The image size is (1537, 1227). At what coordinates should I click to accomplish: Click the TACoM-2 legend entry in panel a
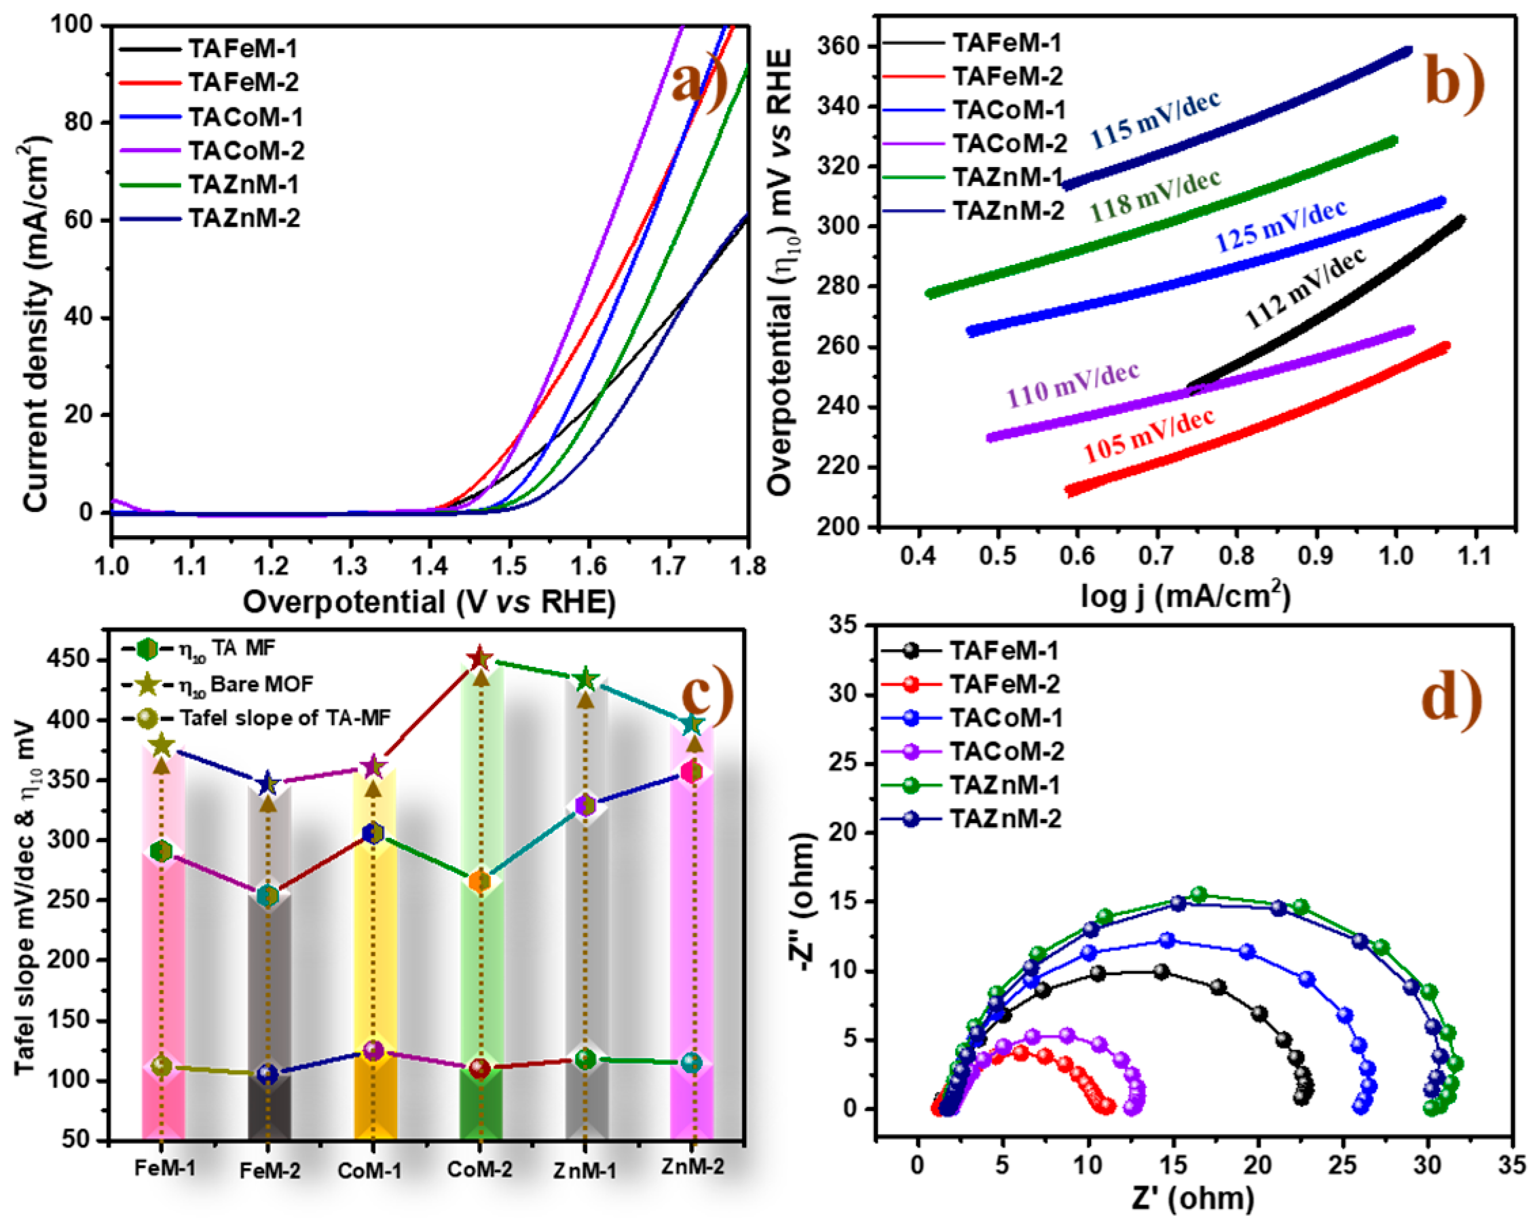(245, 151)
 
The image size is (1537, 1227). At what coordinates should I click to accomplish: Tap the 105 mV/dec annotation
(1148, 436)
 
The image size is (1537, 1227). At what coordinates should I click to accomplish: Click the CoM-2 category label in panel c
(479, 1169)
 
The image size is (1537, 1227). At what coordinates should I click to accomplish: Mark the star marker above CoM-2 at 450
(480, 658)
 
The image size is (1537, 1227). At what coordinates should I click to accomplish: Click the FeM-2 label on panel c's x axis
(270, 1171)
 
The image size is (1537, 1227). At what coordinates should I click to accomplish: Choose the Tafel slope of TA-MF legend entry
(284, 718)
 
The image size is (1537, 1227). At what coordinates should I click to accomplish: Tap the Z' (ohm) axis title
(1193, 1200)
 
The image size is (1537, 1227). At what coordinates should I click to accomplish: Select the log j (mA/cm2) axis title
(1185, 596)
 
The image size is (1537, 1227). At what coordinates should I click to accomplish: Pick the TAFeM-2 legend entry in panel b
(1007, 76)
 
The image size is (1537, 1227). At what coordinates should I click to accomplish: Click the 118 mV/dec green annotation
(1154, 195)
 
